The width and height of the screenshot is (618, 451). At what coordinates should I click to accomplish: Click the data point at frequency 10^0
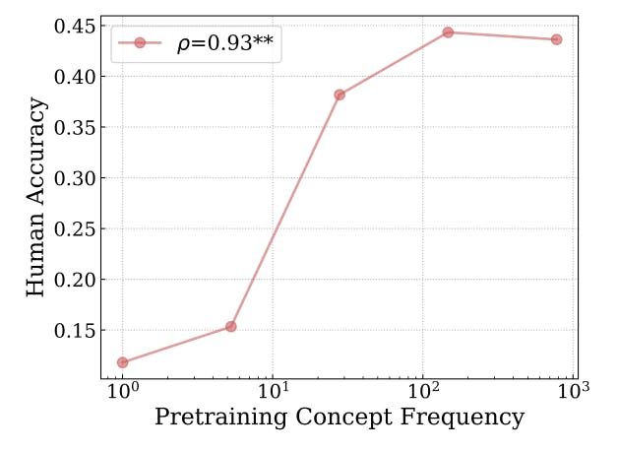(x=123, y=362)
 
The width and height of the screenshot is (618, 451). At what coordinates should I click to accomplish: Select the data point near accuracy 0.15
(x=231, y=326)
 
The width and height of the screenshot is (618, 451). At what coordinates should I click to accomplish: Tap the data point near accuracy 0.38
(x=340, y=95)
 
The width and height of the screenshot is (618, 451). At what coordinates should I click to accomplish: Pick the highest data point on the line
(x=448, y=32)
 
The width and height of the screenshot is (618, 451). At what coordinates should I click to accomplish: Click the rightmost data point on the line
(x=557, y=39)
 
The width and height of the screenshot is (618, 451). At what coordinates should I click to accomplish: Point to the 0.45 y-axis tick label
(x=75, y=27)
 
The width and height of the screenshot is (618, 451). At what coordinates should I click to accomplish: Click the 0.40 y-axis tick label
(x=75, y=77)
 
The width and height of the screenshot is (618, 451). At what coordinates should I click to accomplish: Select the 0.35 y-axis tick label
(x=75, y=127)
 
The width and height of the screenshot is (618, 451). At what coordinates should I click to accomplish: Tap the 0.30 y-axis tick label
(x=75, y=178)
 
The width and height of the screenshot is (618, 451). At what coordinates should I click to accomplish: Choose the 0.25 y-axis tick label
(x=75, y=228)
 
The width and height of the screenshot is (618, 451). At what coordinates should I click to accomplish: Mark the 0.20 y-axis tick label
(x=75, y=280)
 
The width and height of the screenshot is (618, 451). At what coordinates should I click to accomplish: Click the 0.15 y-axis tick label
(x=75, y=330)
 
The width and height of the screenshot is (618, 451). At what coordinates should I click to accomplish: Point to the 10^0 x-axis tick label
(x=123, y=390)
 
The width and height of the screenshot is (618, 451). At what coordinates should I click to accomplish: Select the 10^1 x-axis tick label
(x=274, y=390)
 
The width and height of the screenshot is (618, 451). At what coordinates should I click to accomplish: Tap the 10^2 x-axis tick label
(x=423, y=390)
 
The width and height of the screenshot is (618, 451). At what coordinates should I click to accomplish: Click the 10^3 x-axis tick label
(x=574, y=390)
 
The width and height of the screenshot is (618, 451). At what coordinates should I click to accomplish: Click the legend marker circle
(x=140, y=42)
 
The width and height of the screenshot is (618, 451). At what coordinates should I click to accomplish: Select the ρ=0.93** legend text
(x=225, y=43)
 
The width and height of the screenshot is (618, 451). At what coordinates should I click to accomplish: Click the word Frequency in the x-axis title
(x=463, y=418)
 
